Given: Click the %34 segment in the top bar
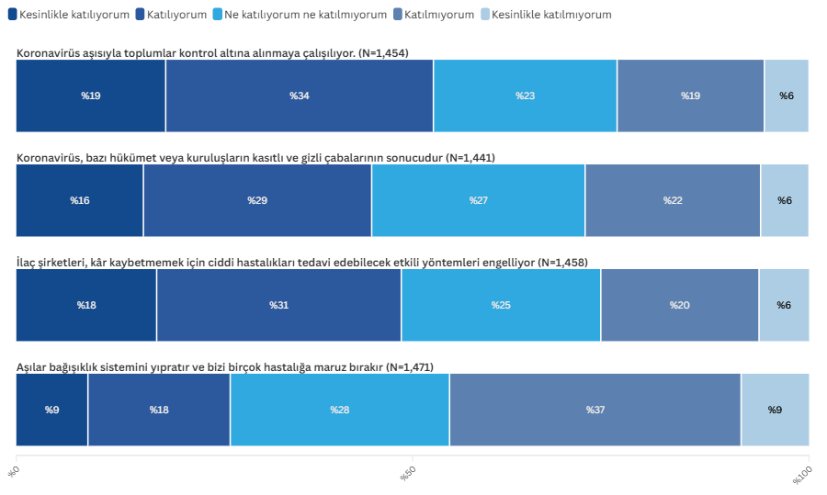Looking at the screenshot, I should (x=300, y=96).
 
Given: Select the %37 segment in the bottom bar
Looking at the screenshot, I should (x=595, y=410).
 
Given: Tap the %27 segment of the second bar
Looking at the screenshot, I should (x=478, y=200).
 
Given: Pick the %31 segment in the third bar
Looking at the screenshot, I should (x=278, y=305).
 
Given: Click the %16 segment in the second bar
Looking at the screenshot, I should (x=80, y=200).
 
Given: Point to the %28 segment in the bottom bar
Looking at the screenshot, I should (x=340, y=410).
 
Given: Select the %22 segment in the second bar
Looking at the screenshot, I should (x=673, y=200).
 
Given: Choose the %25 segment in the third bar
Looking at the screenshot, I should (x=501, y=305).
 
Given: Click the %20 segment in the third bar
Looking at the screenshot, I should (x=680, y=305).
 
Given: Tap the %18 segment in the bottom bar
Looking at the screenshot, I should (x=159, y=410).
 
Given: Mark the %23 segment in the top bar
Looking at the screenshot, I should (x=525, y=96).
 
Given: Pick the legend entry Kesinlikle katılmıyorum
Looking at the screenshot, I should (x=551, y=15).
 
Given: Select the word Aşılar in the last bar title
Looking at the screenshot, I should (x=32, y=367).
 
